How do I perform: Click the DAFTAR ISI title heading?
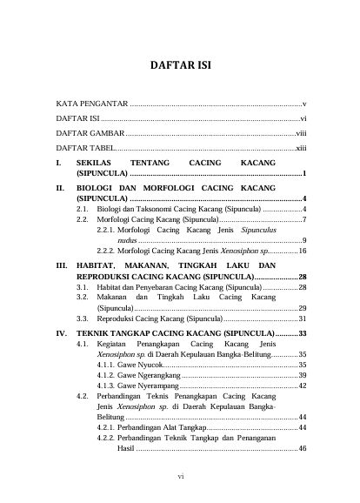pyautogui.click(x=181, y=64)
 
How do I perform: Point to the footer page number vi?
pyautogui.click(x=180, y=477)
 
